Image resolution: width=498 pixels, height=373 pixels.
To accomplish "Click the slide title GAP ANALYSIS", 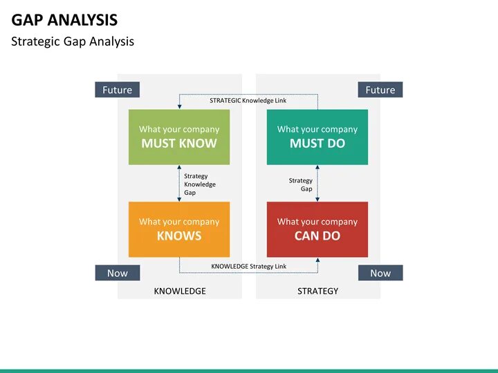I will pyautogui.click(x=64, y=19).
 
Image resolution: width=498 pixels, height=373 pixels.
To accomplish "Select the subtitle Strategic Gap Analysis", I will pyautogui.click(x=73, y=41).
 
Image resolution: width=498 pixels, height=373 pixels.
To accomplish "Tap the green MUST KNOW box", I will pyautogui.click(x=179, y=137).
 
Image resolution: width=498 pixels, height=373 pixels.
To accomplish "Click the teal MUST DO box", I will pyautogui.click(x=317, y=137).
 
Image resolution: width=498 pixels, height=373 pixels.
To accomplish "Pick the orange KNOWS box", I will pyautogui.click(x=179, y=229).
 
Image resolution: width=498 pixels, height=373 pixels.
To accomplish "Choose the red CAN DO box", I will pyautogui.click(x=317, y=229).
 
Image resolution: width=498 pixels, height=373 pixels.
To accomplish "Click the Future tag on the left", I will pyautogui.click(x=117, y=90).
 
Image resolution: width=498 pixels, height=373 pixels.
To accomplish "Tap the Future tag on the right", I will pyautogui.click(x=380, y=90).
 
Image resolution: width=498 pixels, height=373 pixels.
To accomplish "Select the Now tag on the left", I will pyautogui.click(x=117, y=273).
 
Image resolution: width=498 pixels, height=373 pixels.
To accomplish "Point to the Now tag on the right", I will pyautogui.click(x=380, y=273).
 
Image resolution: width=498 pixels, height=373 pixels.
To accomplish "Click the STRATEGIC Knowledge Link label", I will pyautogui.click(x=248, y=100).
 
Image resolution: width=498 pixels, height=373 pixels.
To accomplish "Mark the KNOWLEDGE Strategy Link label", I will pyautogui.click(x=248, y=266).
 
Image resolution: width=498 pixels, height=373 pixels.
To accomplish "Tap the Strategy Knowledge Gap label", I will pyautogui.click(x=199, y=184).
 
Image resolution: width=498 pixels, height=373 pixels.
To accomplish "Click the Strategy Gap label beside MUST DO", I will pyautogui.click(x=301, y=184).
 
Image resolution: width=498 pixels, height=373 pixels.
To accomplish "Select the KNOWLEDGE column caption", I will pyautogui.click(x=180, y=291).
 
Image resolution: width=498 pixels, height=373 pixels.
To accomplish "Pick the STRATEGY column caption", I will pyautogui.click(x=317, y=291).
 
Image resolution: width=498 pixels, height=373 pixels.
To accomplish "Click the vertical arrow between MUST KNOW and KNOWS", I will pyautogui.click(x=179, y=183).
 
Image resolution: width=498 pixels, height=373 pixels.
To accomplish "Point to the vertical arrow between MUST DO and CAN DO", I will pyautogui.click(x=317, y=183).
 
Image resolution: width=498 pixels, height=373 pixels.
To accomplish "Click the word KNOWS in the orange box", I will pyautogui.click(x=179, y=236).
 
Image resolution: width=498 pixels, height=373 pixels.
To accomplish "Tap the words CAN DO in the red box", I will pyautogui.click(x=317, y=236).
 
